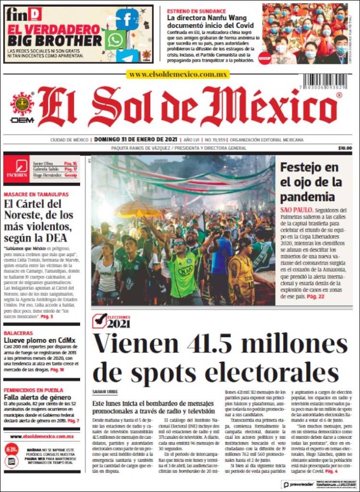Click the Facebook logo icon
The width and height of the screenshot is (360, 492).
[127, 19]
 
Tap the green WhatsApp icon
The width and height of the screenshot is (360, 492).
[115, 40]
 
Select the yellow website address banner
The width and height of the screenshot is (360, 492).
[178, 74]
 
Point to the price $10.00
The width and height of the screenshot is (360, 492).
[345, 148]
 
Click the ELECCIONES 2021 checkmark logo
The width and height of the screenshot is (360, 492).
[112, 320]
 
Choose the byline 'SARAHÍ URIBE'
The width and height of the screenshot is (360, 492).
[105, 392]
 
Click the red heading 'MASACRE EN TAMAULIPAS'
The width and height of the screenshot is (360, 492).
[36, 194]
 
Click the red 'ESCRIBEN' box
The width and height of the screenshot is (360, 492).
[16, 168]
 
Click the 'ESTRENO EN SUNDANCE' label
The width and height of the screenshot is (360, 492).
[196, 11]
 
